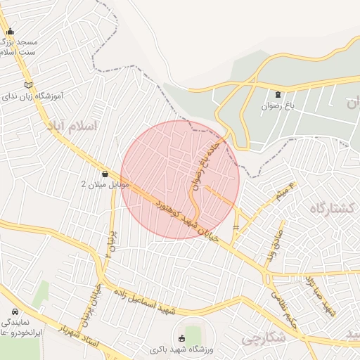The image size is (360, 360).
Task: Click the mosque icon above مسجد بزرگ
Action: (x=10, y=31)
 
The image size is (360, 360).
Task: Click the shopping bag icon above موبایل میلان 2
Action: (x=105, y=173)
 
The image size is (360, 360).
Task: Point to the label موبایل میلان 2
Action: (x=105, y=184)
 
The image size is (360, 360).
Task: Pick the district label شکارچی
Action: (x=261, y=338)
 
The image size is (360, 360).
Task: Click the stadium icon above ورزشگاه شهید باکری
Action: (x=184, y=337)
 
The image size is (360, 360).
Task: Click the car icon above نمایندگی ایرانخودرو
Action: (x=15, y=311)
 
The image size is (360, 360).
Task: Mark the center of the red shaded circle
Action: (x=180, y=180)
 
